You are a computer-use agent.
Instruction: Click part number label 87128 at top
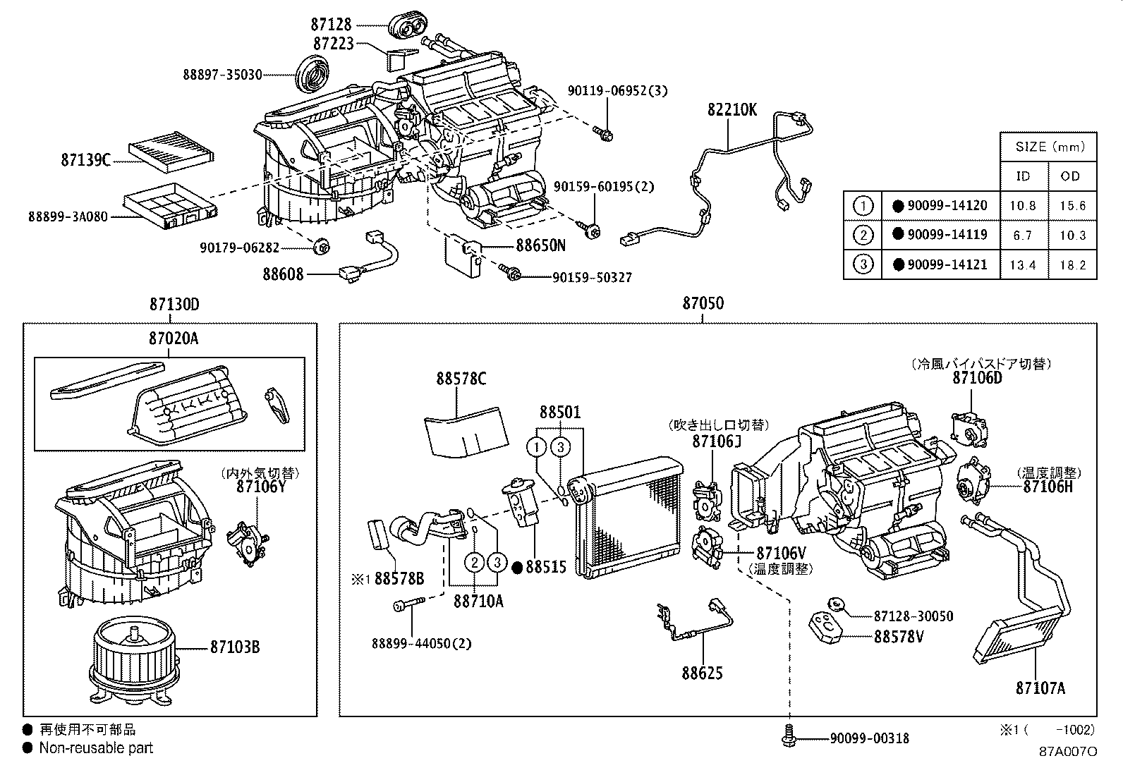(331, 25)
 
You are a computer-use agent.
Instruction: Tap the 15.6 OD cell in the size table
(1072, 206)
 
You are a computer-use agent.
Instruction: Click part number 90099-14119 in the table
(947, 235)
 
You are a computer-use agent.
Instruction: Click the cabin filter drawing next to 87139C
(172, 153)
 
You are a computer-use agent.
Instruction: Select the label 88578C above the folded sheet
(461, 379)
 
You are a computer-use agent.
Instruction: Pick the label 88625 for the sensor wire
(702, 673)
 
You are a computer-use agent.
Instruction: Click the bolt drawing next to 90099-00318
(789, 737)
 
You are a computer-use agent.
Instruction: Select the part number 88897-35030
(222, 74)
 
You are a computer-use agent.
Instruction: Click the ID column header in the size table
(1022, 176)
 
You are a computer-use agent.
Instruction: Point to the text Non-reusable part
(96, 748)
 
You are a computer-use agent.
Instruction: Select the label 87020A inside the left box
(174, 338)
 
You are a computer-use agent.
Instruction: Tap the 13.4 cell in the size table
(1022, 265)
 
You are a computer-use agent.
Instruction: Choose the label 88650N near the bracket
(540, 245)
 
